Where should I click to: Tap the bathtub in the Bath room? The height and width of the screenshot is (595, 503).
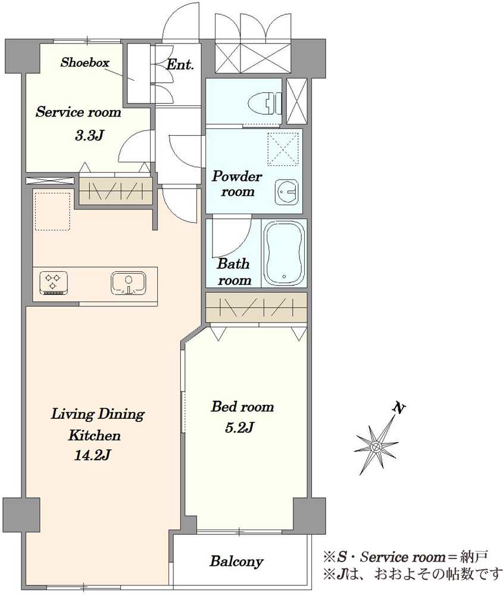[x=284, y=253]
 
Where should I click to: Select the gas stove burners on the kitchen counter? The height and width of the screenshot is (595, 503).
[x=54, y=283]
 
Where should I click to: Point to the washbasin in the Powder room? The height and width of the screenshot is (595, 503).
[x=286, y=192]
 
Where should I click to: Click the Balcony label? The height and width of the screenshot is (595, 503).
[x=236, y=561]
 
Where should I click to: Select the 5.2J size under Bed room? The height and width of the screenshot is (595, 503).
[x=239, y=428]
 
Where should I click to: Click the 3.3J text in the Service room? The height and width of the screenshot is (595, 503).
[x=89, y=136]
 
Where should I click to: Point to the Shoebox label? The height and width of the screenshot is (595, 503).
[x=85, y=62]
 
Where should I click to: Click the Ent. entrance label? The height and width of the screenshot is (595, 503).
[x=180, y=64]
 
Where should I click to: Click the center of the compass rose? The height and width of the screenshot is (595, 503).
[x=376, y=447]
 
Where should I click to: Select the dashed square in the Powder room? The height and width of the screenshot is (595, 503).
[x=283, y=149]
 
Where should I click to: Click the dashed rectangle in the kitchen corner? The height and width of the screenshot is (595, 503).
[x=53, y=211]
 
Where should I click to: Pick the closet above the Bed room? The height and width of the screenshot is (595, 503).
[x=256, y=307]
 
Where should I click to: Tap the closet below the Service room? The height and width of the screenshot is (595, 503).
[x=115, y=192]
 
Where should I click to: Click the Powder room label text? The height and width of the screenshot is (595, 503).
[x=238, y=184]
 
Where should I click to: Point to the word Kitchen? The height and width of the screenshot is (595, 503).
[x=95, y=435]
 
